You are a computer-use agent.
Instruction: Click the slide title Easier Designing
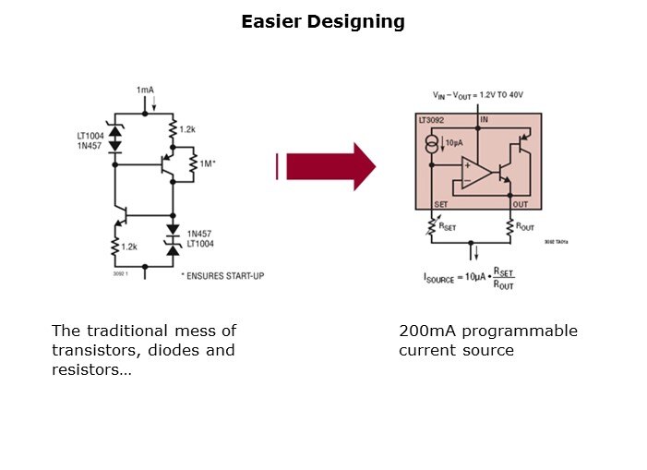point(323,21)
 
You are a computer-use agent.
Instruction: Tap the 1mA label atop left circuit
point(145,90)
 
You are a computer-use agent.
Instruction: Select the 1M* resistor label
point(207,163)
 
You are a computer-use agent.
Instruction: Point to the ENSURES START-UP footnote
point(222,275)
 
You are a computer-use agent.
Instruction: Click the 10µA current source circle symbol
point(432,144)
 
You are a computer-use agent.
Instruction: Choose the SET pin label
point(440,204)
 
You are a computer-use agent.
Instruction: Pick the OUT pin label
point(521,204)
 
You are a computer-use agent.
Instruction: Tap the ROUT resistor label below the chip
point(525,224)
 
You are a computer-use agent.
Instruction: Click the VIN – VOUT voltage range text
point(477,96)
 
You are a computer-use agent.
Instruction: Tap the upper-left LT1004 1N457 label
point(90,140)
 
